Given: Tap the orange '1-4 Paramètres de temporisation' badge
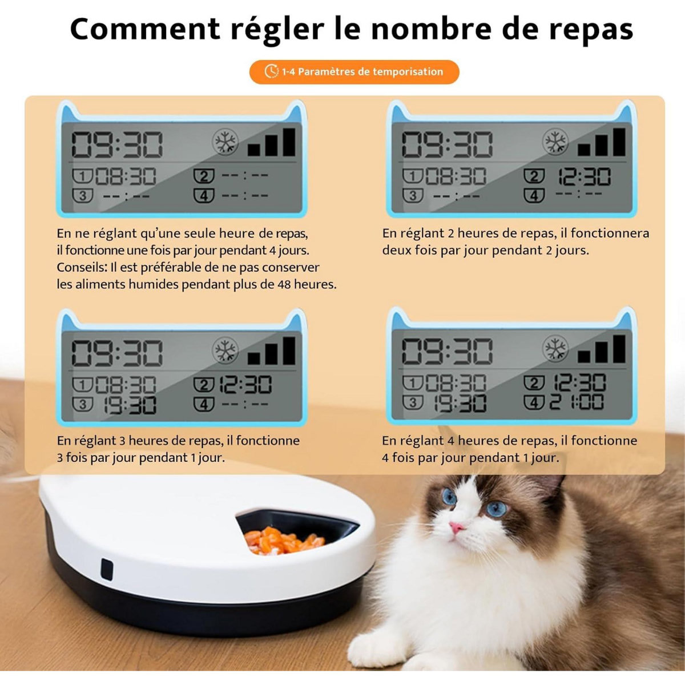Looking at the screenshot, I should [x=354, y=72].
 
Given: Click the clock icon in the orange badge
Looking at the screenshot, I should [x=271, y=72].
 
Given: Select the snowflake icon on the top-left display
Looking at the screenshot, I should [x=225, y=142].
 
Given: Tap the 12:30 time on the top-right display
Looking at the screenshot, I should [x=583, y=177].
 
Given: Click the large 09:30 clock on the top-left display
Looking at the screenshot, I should [x=117, y=145].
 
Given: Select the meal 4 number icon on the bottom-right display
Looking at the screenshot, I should [x=534, y=402].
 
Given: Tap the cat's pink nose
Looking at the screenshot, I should [x=457, y=527].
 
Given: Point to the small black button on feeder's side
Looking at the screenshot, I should [x=107, y=569].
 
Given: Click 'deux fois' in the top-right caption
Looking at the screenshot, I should [x=406, y=250].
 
